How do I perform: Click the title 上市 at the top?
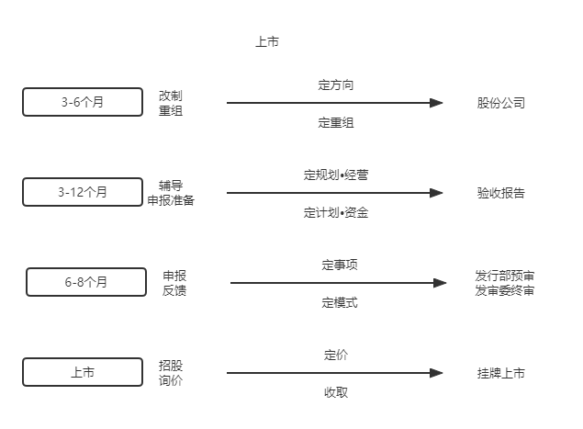(267, 41)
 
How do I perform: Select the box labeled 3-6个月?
(83, 102)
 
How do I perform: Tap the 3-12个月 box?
(83, 192)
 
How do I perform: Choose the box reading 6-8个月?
(86, 282)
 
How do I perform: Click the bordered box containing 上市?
(83, 372)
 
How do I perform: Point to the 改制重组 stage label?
(171, 103)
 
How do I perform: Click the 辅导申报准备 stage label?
(171, 193)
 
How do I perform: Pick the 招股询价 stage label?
(171, 373)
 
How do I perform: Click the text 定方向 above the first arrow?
(336, 85)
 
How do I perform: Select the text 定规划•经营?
(336, 175)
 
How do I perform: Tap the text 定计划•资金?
(336, 213)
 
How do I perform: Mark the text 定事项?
(340, 265)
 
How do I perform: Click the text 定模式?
(340, 303)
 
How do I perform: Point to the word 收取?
(336, 392)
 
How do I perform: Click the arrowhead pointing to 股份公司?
(436, 103)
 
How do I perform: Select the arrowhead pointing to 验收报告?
(436, 193)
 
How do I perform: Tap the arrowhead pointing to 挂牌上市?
(436, 373)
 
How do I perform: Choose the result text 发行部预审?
(505, 277)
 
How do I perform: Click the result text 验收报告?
(501, 193)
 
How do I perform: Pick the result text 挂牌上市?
(501, 373)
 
